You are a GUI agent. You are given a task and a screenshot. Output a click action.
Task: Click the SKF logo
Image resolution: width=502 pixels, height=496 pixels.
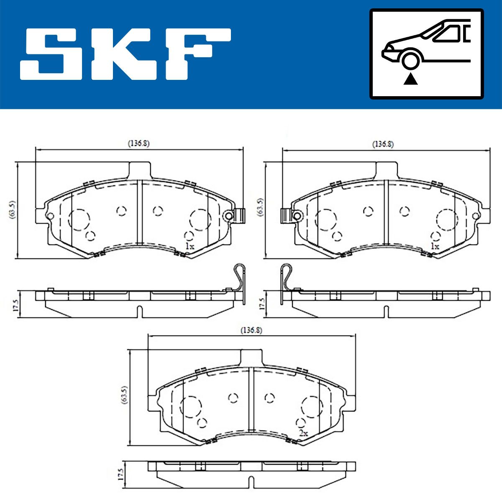coord(125,54)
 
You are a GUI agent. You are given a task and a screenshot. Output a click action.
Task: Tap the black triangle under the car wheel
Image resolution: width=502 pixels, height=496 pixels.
coord(410,79)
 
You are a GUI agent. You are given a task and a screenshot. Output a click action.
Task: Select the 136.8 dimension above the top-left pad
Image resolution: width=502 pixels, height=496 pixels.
coord(138,143)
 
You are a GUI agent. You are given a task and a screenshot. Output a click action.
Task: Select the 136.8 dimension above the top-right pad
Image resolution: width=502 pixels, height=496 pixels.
coord(383,144)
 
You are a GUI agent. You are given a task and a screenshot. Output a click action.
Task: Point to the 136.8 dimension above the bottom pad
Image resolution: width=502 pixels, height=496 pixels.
coord(251,330)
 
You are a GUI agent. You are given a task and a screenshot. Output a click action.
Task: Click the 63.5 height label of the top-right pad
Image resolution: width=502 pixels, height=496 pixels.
coord(260,207)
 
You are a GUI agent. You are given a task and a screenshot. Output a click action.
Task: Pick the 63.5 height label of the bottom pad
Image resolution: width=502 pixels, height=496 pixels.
coord(125,395)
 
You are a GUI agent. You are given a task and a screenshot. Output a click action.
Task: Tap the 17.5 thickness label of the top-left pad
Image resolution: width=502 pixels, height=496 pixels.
coord(16,305)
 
